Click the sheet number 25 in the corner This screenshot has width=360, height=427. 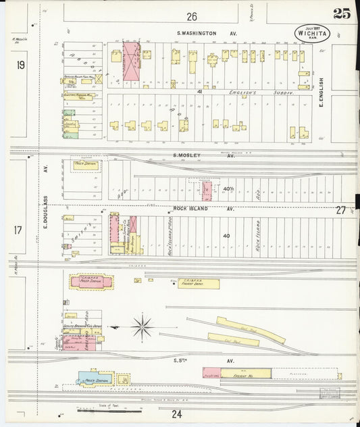pos(342,14)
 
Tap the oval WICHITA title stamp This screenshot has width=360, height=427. pos(312,33)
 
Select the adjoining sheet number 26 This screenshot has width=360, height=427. pos(192,16)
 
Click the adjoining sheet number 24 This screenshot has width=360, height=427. pos(176,413)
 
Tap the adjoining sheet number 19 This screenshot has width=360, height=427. pos(21,65)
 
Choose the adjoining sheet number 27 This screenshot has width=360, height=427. pos(340,210)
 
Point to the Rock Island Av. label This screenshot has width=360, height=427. pos(203,209)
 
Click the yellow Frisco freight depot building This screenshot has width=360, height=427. pos(199,284)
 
